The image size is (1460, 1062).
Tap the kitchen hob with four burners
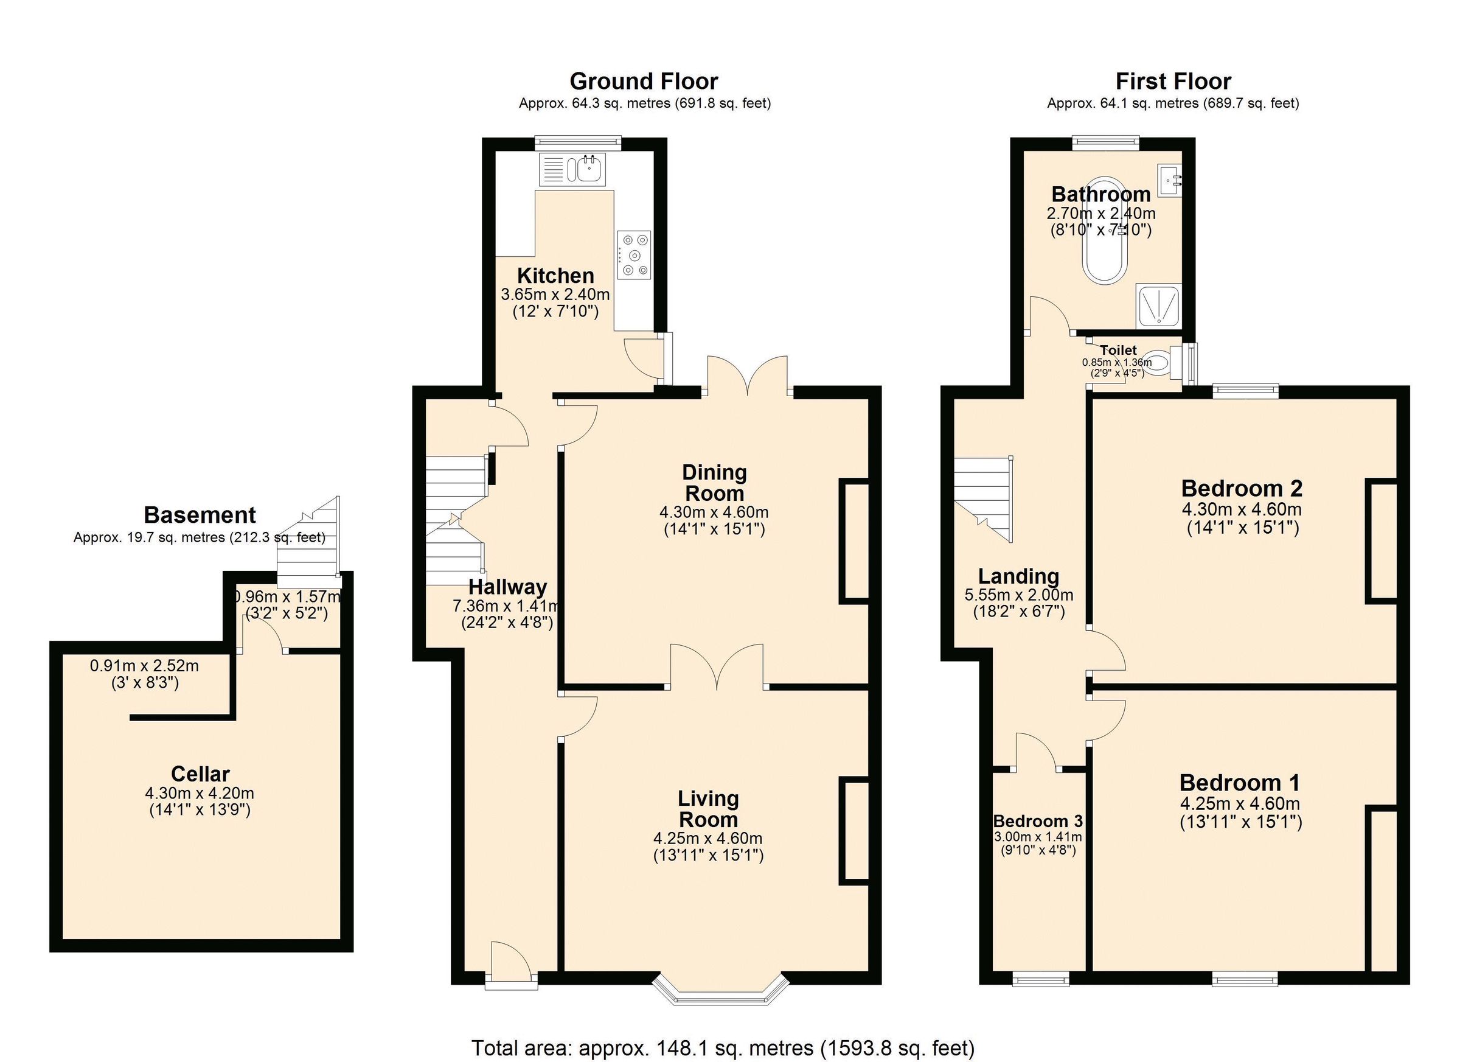pos(633,255)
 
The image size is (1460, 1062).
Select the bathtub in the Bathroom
pos(1105,229)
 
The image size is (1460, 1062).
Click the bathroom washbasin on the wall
pos(1170,180)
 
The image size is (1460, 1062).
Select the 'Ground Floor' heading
pos(644,81)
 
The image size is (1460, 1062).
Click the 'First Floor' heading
pos(1173,81)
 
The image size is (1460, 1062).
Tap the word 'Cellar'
pos(200,774)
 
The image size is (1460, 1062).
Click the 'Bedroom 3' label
pos(1038,821)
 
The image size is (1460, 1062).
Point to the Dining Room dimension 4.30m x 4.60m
pos(714,512)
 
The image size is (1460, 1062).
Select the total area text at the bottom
pos(723,1048)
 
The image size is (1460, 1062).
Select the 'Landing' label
pos(1018,576)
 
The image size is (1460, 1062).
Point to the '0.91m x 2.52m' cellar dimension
pos(144,666)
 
